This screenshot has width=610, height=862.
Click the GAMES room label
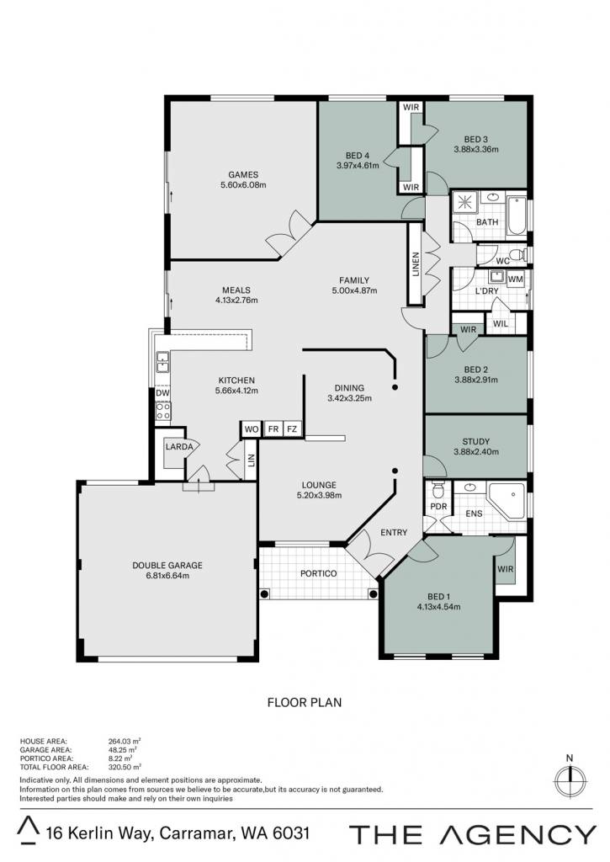coord(243,175)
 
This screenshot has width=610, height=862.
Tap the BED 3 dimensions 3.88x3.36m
coord(476,149)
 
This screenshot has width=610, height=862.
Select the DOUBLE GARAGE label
coord(167,565)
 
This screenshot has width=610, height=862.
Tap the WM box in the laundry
coord(515,279)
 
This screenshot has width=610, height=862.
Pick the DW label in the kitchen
coord(162,393)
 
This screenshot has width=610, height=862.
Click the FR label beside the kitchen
coord(273,428)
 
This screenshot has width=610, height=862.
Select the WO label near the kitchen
coord(251,429)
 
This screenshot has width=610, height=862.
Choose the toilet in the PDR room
coord(438,489)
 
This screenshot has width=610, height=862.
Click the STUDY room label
coord(476,441)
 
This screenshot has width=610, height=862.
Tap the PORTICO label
coord(318,573)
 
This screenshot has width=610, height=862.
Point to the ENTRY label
coord(394,532)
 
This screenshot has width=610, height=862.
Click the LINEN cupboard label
coord(416,264)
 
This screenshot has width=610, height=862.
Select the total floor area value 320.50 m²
coord(125,767)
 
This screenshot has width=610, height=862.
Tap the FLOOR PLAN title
coord(304,702)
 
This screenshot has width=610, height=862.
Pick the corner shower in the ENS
coord(507,500)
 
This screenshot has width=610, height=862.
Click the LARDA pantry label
coord(179,446)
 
